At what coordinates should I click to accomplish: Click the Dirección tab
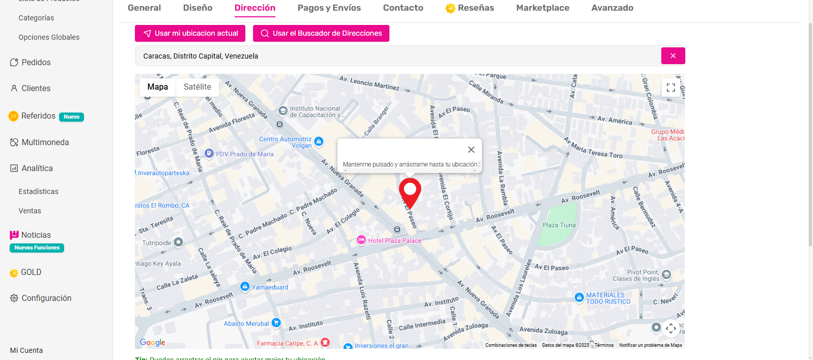tap(255, 8)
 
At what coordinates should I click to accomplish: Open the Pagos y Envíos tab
tap(329, 8)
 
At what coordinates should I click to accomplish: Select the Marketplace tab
tap(542, 8)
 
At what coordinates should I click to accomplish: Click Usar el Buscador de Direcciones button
tap(321, 34)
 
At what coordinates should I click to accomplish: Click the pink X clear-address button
tap(672, 56)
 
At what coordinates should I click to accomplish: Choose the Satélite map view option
tap(197, 87)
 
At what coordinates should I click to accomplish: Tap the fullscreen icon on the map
tap(670, 88)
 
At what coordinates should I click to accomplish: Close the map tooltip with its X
tap(471, 150)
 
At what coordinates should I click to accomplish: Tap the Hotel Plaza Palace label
tap(395, 241)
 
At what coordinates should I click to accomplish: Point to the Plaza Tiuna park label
tap(559, 225)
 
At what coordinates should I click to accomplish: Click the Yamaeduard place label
tap(269, 287)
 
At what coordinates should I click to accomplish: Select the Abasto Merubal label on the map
tap(246, 324)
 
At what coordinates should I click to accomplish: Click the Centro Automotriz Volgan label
tap(286, 142)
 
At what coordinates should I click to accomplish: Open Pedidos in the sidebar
tap(36, 63)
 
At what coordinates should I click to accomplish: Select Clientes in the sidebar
tap(36, 89)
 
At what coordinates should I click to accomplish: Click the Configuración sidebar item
tap(46, 298)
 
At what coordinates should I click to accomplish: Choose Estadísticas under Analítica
tap(38, 192)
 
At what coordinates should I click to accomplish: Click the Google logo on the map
tap(153, 343)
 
